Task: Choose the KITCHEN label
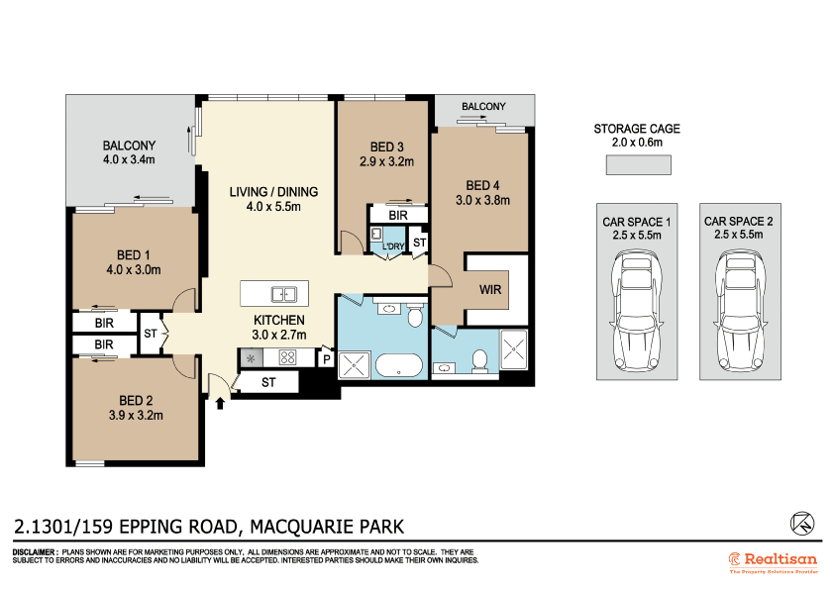278,321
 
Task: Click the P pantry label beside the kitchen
326,360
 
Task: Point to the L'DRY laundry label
395,246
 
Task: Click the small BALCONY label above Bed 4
483,107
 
